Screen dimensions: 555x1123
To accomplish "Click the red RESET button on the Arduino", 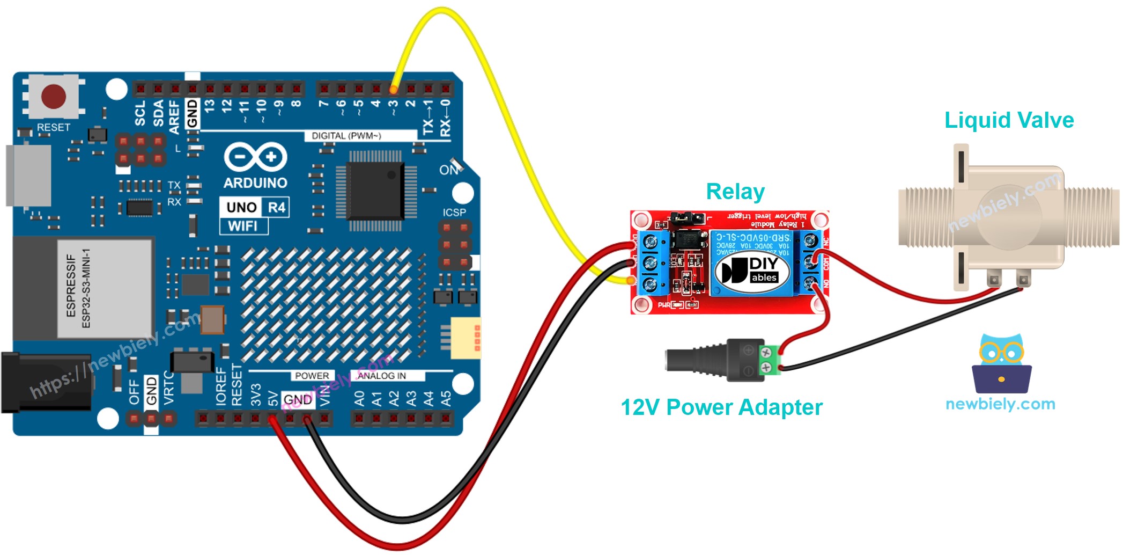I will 54,97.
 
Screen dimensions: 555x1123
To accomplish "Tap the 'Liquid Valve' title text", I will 1009,120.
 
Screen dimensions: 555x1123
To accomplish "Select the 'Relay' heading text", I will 735,192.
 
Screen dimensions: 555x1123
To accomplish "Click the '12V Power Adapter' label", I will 721,407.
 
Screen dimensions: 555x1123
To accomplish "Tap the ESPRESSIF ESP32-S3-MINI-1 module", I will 105,288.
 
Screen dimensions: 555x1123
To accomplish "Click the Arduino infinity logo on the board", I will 255,157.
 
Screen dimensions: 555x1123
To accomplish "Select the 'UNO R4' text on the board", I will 255,207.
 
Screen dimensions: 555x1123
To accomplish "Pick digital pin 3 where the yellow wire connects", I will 394,89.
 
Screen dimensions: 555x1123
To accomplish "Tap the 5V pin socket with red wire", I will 273,418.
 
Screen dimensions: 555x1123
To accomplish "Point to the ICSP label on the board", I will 454,213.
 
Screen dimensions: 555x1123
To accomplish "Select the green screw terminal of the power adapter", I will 767,360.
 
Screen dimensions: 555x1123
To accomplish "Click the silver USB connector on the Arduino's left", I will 28,175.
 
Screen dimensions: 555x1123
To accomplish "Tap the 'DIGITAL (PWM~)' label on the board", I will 346,136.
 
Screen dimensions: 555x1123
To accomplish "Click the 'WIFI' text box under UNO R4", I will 243,226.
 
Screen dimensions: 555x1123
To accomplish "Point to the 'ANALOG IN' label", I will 381,376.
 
